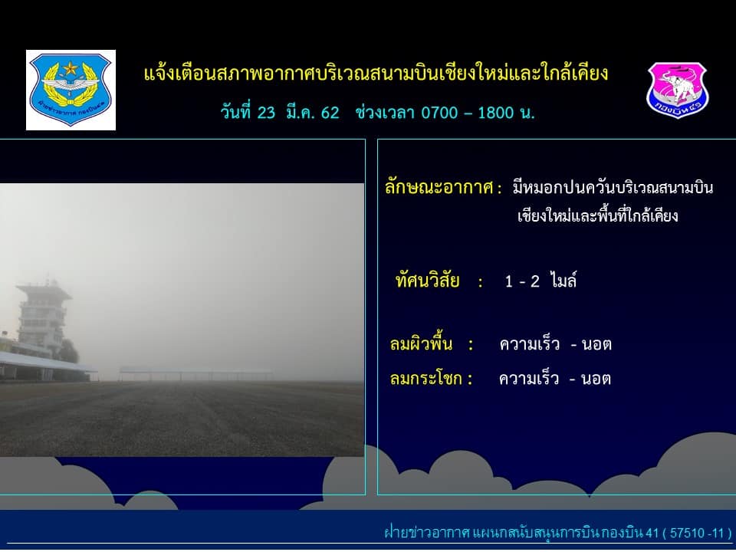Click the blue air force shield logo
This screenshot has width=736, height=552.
(x=71, y=90)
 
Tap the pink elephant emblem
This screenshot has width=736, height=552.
(x=677, y=90)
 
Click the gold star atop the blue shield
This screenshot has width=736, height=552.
(x=71, y=68)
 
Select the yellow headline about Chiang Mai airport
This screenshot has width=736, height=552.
(x=376, y=74)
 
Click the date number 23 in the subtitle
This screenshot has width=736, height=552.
(x=266, y=113)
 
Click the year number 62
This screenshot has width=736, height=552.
(x=330, y=113)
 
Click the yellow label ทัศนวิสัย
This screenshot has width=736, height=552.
(x=427, y=281)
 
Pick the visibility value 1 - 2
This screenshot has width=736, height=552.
(x=522, y=281)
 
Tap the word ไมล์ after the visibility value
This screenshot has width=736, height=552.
(x=563, y=281)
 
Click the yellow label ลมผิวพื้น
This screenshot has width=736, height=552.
(x=421, y=344)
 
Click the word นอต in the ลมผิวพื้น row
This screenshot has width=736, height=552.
(x=596, y=345)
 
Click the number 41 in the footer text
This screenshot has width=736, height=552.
(x=652, y=534)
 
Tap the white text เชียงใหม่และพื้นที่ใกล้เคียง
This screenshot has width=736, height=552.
(x=597, y=216)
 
